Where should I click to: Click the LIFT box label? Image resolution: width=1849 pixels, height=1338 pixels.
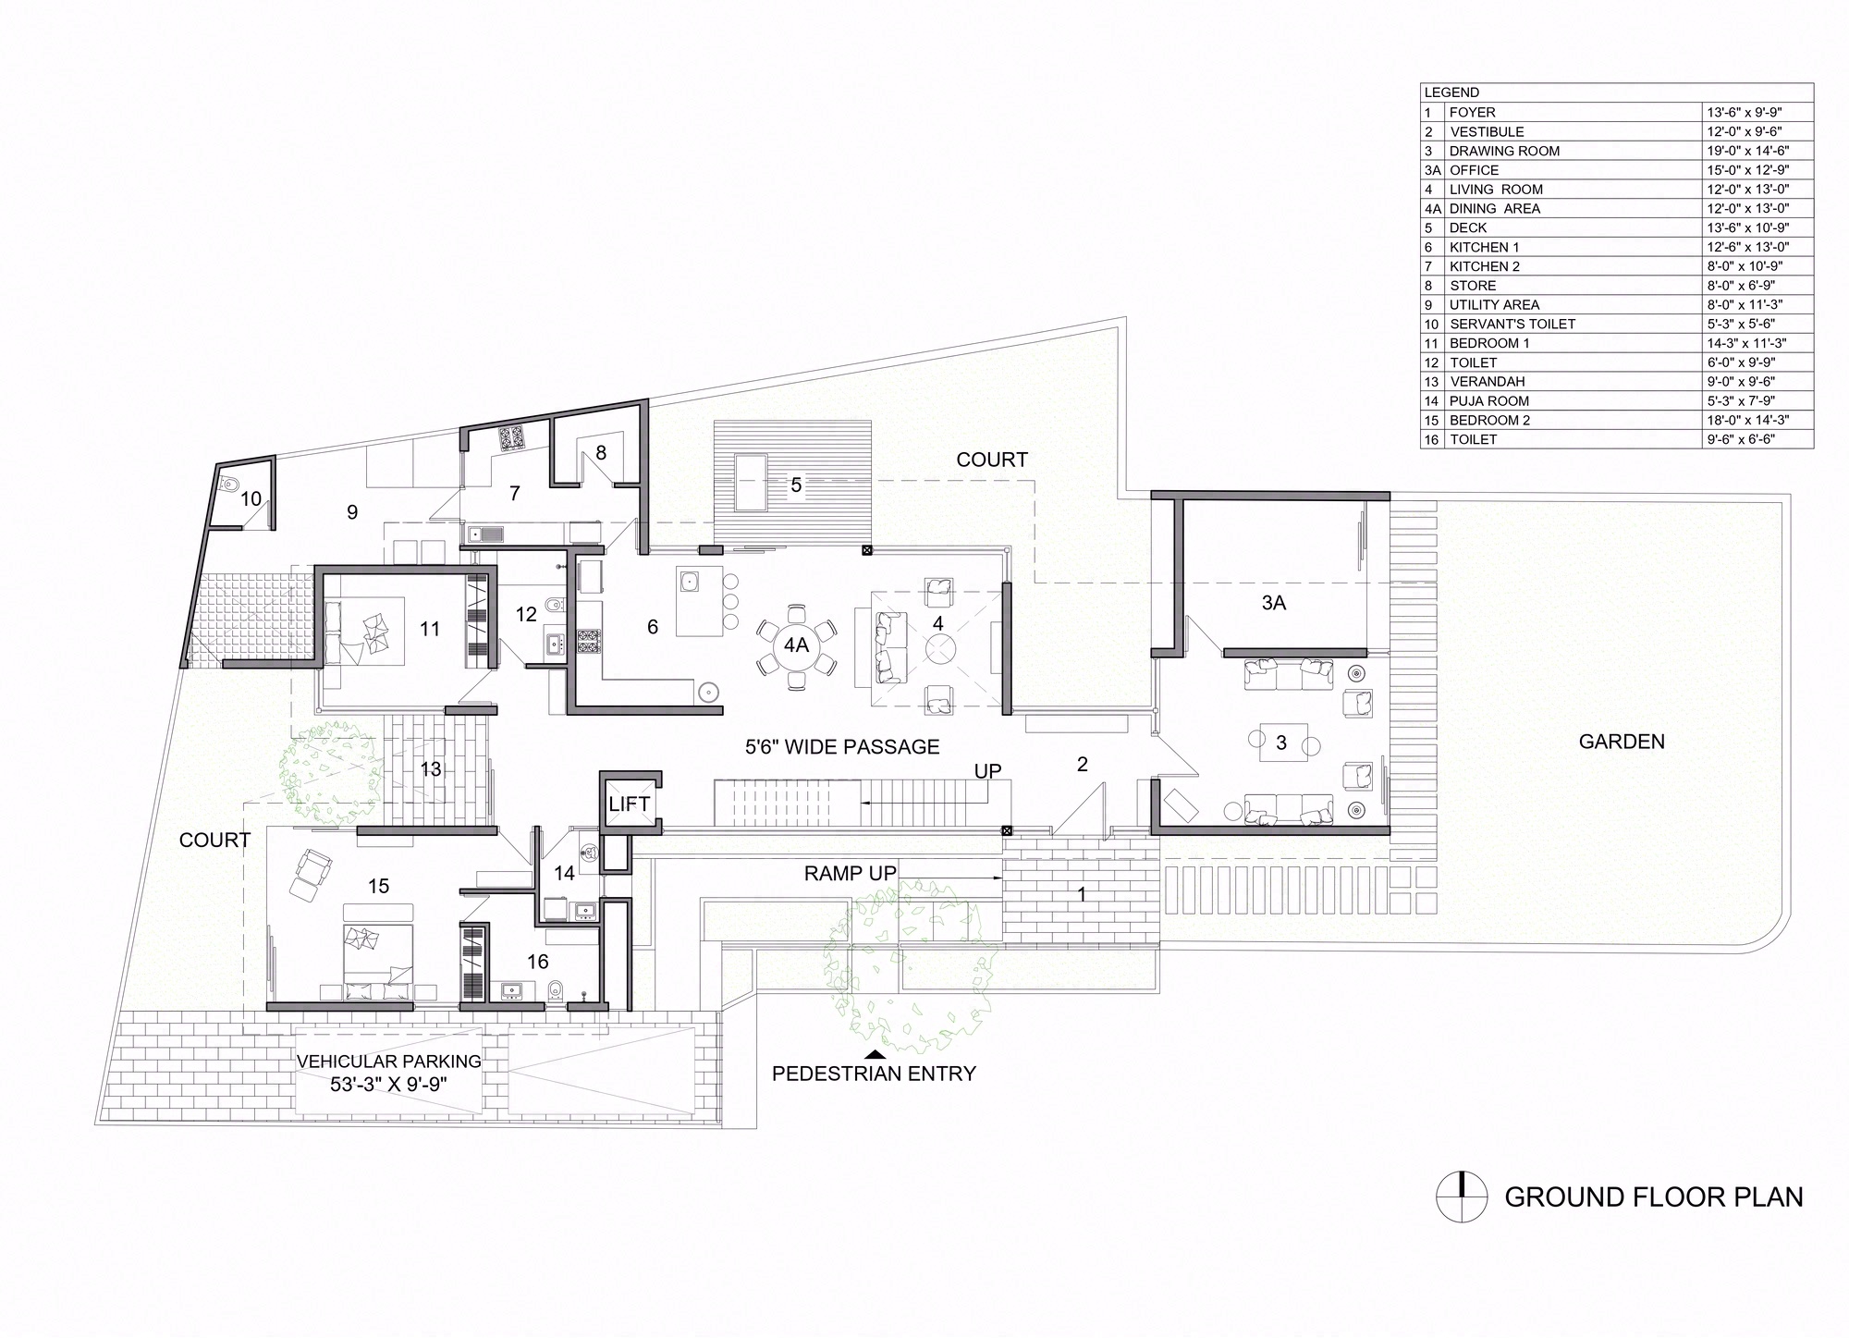(x=629, y=804)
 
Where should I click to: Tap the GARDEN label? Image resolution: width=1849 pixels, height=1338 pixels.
(x=1622, y=742)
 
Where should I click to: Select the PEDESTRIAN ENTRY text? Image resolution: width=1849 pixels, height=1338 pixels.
(x=874, y=1074)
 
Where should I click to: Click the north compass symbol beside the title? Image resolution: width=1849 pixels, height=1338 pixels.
(x=1462, y=1197)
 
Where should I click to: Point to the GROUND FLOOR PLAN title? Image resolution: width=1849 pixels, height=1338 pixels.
(x=1654, y=1197)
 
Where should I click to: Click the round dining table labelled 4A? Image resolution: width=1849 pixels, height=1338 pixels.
(x=796, y=645)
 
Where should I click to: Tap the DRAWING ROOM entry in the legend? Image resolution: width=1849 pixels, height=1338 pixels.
(x=1504, y=151)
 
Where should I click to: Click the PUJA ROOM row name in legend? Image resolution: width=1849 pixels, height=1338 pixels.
(x=1488, y=400)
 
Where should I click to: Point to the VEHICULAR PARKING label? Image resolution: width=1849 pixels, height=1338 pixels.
(x=389, y=1062)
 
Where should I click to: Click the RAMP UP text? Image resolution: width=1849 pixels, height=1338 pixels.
(x=850, y=874)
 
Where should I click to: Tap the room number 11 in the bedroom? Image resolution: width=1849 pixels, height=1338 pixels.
(x=430, y=629)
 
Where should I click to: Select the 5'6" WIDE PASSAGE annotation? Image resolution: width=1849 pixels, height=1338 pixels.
(x=842, y=747)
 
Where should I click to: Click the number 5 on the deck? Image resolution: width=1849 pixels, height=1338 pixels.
(x=795, y=485)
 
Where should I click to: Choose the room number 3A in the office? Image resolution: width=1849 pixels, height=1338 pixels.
(x=1273, y=603)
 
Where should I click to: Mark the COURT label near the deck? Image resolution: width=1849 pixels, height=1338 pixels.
(x=992, y=460)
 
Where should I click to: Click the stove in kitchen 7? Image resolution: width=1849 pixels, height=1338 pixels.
(x=511, y=437)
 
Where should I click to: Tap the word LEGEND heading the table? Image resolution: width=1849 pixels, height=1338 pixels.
(x=1451, y=92)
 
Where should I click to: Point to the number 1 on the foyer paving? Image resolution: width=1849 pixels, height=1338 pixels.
(x=1082, y=894)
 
